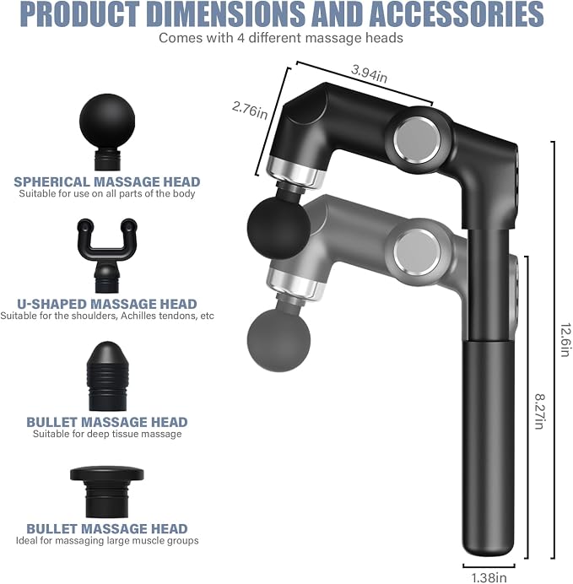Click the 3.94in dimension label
tap(369, 73)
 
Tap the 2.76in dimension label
tap(250, 111)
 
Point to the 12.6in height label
tap(566, 339)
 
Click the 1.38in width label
tap(489, 577)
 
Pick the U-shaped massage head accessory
tap(107, 255)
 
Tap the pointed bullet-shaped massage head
tap(107, 376)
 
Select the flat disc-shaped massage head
tap(107, 492)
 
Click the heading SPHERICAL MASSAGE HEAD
tap(107, 181)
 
